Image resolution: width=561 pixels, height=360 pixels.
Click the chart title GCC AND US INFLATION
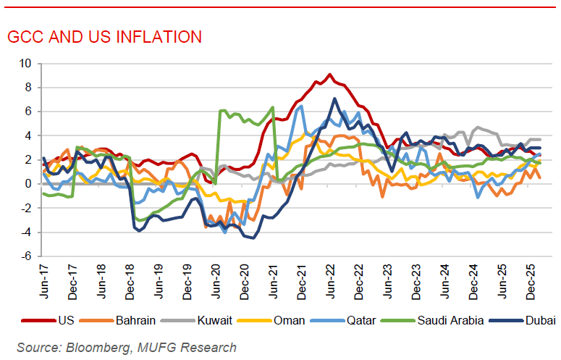pos(104,37)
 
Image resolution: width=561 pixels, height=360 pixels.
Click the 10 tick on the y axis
pos(26,64)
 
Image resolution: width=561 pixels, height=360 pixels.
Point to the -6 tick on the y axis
pos(26,256)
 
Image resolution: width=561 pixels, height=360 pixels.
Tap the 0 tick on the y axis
pos(28,184)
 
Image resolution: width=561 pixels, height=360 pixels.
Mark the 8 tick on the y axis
pos(28,88)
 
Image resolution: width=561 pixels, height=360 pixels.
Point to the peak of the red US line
pos(330,74)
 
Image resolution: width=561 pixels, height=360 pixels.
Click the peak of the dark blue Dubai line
pos(334,99)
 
